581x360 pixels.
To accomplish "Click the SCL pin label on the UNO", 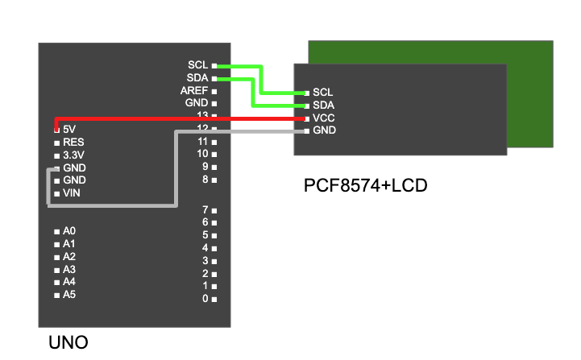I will point(197,65).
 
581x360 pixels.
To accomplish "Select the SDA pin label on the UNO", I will point(197,78).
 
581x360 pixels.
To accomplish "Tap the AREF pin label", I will point(194,91).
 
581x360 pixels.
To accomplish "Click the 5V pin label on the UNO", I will point(69,129).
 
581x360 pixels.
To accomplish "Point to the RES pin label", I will point(73,142).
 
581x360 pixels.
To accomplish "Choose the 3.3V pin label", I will point(74,155).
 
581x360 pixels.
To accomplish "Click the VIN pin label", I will point(72,193).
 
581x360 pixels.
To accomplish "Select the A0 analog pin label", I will point(69,231).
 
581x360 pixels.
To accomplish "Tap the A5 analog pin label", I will point(69,295).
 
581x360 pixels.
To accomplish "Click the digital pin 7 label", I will point(205,209).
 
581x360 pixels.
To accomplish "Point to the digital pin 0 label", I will point(205,299).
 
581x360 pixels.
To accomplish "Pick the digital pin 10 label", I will point(202,154).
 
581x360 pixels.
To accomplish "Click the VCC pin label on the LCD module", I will point(324,118).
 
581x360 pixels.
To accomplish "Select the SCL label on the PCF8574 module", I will point(323,93).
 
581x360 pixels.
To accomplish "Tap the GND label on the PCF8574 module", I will point(324,130).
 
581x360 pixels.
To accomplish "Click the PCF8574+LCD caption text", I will point(365,186).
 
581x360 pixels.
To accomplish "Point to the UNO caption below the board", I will point(68,343).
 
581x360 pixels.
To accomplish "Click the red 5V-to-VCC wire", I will point(177,118).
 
